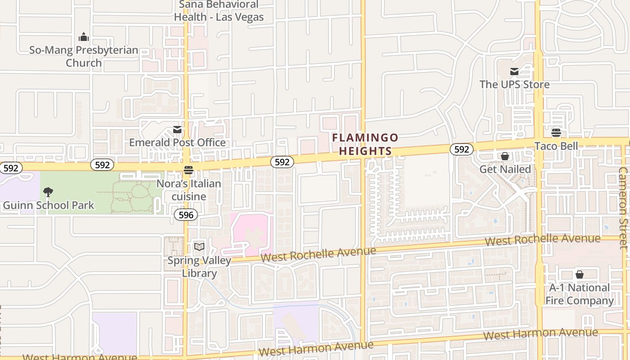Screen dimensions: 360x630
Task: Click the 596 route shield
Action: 186,215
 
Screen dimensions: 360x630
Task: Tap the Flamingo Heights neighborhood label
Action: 365,144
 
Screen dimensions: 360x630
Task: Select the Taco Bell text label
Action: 556,146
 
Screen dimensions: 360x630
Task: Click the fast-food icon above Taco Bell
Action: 556,133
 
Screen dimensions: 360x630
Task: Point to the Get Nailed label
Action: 505,169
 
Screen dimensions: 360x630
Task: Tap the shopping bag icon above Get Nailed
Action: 505,156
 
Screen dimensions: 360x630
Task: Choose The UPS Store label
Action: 514,84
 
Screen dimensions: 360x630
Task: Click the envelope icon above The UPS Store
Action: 514,72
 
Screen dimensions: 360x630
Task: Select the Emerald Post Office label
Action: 177,143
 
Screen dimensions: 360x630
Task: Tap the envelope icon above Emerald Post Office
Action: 177,130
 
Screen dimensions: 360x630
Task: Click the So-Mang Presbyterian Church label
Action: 84,56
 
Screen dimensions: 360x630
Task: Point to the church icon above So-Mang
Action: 84,37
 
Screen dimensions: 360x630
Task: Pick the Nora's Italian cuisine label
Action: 189,190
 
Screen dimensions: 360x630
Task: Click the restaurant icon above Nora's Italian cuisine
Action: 189,170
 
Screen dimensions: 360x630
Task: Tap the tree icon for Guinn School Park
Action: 48,193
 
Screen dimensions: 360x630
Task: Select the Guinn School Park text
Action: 49,206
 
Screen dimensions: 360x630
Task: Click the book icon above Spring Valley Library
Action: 199,247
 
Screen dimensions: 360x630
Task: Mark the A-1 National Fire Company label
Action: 580,294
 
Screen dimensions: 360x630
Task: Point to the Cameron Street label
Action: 623,208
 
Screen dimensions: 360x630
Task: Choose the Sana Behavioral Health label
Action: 219,11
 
